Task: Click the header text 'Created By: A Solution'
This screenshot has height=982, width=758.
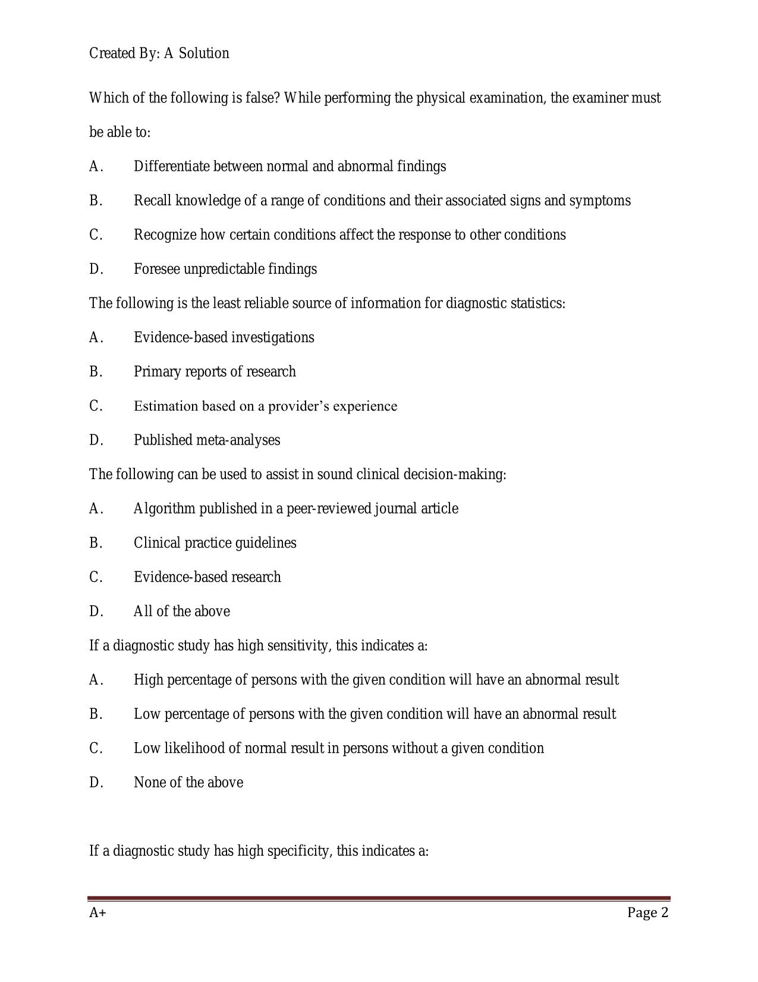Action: pyautogui.click(x=159, y=54)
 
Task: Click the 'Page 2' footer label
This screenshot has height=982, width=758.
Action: pyautogui.click(x=647, y=913)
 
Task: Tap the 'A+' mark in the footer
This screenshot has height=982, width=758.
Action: pyautogui.click(x=97, y=913)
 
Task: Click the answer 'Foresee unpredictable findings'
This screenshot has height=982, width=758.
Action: pyautogui.click(x=225, y=269)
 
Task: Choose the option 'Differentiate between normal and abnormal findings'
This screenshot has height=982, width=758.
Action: pyautogui.click(x=290, y=166)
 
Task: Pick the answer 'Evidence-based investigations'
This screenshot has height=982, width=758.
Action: pyautogui.click(x=224, y=337)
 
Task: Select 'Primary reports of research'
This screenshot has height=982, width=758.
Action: pyautogui.click(x=214, y=372)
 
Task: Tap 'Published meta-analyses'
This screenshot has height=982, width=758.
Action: pyautogui.click(x=206, y=440)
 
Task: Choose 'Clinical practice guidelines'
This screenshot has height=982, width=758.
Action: pyautogui.click(x=215, y=543)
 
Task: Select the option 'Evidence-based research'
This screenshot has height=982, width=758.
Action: pyautogui.click(x=207, y=577)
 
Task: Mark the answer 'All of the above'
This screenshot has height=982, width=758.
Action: pyautogui.click(x=181, y=611)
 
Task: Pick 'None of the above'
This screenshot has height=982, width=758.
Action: pyautogui.click(x=188, y=783)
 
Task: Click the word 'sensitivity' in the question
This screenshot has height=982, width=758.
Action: pyautogui.click(x=299, y=646)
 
